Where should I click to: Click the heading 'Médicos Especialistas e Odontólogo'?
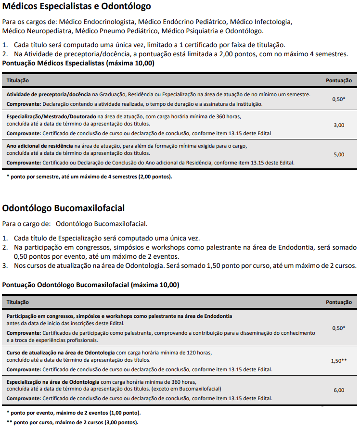pos(77,7)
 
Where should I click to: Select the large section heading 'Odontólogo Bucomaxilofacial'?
pos(64,208)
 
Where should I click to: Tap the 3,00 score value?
pos(339,125)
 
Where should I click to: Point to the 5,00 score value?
pos(339,154)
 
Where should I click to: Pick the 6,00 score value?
pos(339,390)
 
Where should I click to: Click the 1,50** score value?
pos(339,361)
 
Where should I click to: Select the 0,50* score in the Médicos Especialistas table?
pos(339,99)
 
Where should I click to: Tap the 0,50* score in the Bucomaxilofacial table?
pos(339,328)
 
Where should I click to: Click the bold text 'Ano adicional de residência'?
pos(39,146)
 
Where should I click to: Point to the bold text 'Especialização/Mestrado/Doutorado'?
pos(51,116)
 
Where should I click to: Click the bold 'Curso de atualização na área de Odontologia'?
pos(61,353)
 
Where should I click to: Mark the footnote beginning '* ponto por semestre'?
pos(89,177)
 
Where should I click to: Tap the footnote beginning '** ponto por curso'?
pos(72,422)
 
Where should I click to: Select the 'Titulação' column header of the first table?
pos(17,80)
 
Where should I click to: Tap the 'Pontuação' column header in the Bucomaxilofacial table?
pos(339,302)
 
